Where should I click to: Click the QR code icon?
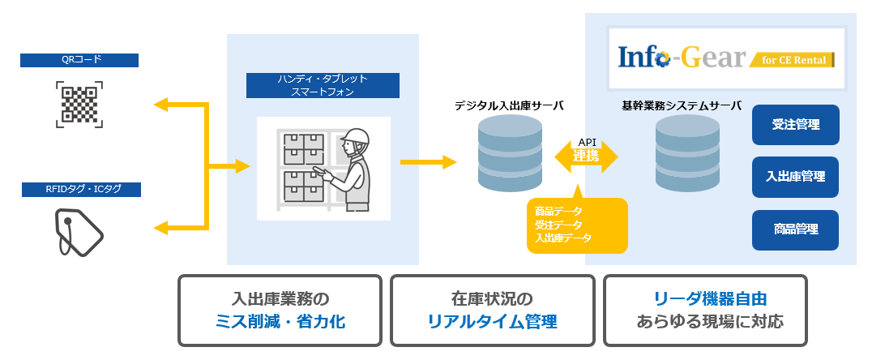coord(79,103)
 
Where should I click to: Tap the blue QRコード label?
coord(79,60)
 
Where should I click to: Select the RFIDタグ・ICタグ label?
coord(79,190)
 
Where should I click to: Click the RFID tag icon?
coord(79,233)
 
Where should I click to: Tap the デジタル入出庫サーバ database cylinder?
coord(511,152)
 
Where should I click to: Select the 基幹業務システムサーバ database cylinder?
coord(686,152)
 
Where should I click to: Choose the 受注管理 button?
coord(795,125)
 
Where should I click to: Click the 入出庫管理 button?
coord(795,177)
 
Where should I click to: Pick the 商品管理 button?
coord(795,229)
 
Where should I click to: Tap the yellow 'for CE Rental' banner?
coord(793,61)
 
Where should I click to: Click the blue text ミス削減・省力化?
coord(278,322)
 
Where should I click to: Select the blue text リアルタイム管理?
coord(492,322)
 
